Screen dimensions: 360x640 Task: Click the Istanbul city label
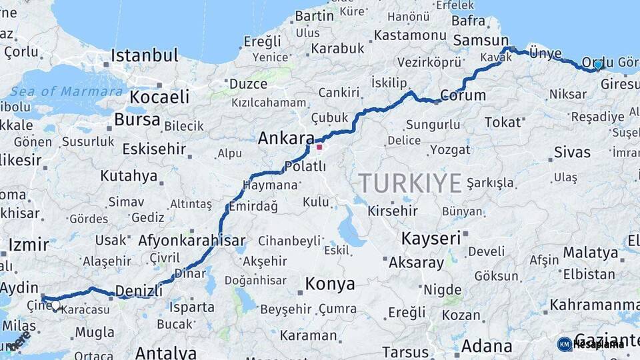pyautogui.click(x=144, y=55)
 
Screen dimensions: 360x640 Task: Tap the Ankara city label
pyautogui.click(x=285, y=139)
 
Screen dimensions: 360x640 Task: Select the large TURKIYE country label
pyautogui.click(x=410, y=183)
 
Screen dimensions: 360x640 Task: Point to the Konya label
pyautogui.click(x=329, y=284)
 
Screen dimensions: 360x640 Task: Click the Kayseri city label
pyautogui.click(x=431, y=238)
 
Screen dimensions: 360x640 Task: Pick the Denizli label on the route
pyautogui.click(x=139, y=291)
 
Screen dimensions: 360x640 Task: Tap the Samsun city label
pyautogui.click(x=481, y=40)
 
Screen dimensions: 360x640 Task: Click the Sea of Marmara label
pyautogui.click(x=66, y=91)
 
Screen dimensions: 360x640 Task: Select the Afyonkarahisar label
pyautogui.click(x=191, y=241)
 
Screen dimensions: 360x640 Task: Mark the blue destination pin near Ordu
pyautogui.click(x=598, y=65)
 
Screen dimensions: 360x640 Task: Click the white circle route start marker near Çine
pyautogui.click(x=55, y=306)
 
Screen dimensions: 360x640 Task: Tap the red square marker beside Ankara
pyautogui.click(x=319, y=147)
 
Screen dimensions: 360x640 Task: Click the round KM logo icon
pyautogui.click(x=564, y=344)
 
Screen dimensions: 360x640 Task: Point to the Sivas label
pyautogui.click(x=572, y=152)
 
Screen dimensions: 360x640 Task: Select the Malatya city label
pyautogui.click(x=590, y=253)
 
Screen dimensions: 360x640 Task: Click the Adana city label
pyautogui.click(x=486, y=346)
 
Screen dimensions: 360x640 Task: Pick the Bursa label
pyautogui.click(x=137, y=120)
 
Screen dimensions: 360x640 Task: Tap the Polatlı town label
pyautogui.click(x=305, y=166)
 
